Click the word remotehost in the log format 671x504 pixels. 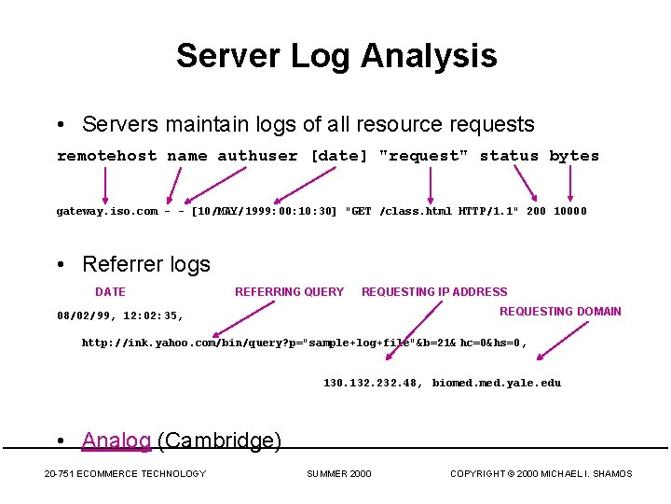(x=106, y=156)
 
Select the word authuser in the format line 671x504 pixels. (x=257, y=156)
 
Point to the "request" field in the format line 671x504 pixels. (x=424, y=156)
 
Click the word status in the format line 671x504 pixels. (x=509, y=156)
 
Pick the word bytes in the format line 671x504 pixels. (x=574, y=156)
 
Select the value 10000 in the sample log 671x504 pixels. (x=569, y=211)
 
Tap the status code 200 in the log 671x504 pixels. (x=536, y=211)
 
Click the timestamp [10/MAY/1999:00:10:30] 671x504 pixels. (x=264, y=211)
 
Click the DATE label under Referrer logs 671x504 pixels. (x=110, y=292)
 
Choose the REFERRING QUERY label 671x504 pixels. (x=289, y=292)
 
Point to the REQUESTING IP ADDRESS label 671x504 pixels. (x=434, y=292)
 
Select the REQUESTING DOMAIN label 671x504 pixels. (x=560, y=312)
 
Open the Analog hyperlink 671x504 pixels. (x=116, y=441)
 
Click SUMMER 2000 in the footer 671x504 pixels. (x=338, y=474)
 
